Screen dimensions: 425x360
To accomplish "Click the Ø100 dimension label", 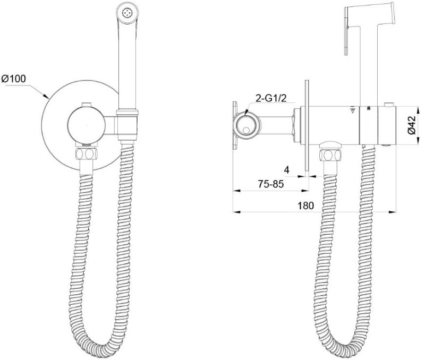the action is [x=14, y=79].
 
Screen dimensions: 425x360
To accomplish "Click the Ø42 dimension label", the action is [x=411, y=125].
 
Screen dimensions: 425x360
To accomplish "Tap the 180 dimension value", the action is [x=306, y=205].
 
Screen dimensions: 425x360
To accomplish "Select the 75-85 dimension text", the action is [x=270, y=184].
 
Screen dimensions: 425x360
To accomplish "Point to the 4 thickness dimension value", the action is [x=286, y=170].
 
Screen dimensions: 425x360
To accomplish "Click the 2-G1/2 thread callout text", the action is [x=271, y=98].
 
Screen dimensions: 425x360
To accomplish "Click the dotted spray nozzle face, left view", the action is [x=127, y=12].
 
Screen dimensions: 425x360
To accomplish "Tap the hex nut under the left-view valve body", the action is [x=86, y=154].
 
